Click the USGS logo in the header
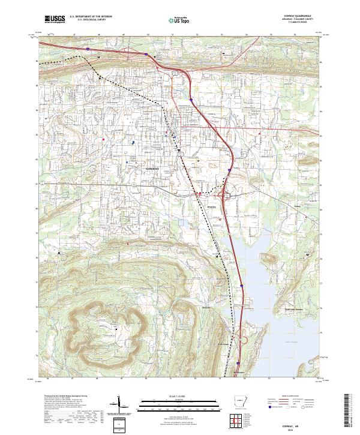point(55,19)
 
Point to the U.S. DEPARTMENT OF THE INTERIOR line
point(91,17)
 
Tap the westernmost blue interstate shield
point(88,49)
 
